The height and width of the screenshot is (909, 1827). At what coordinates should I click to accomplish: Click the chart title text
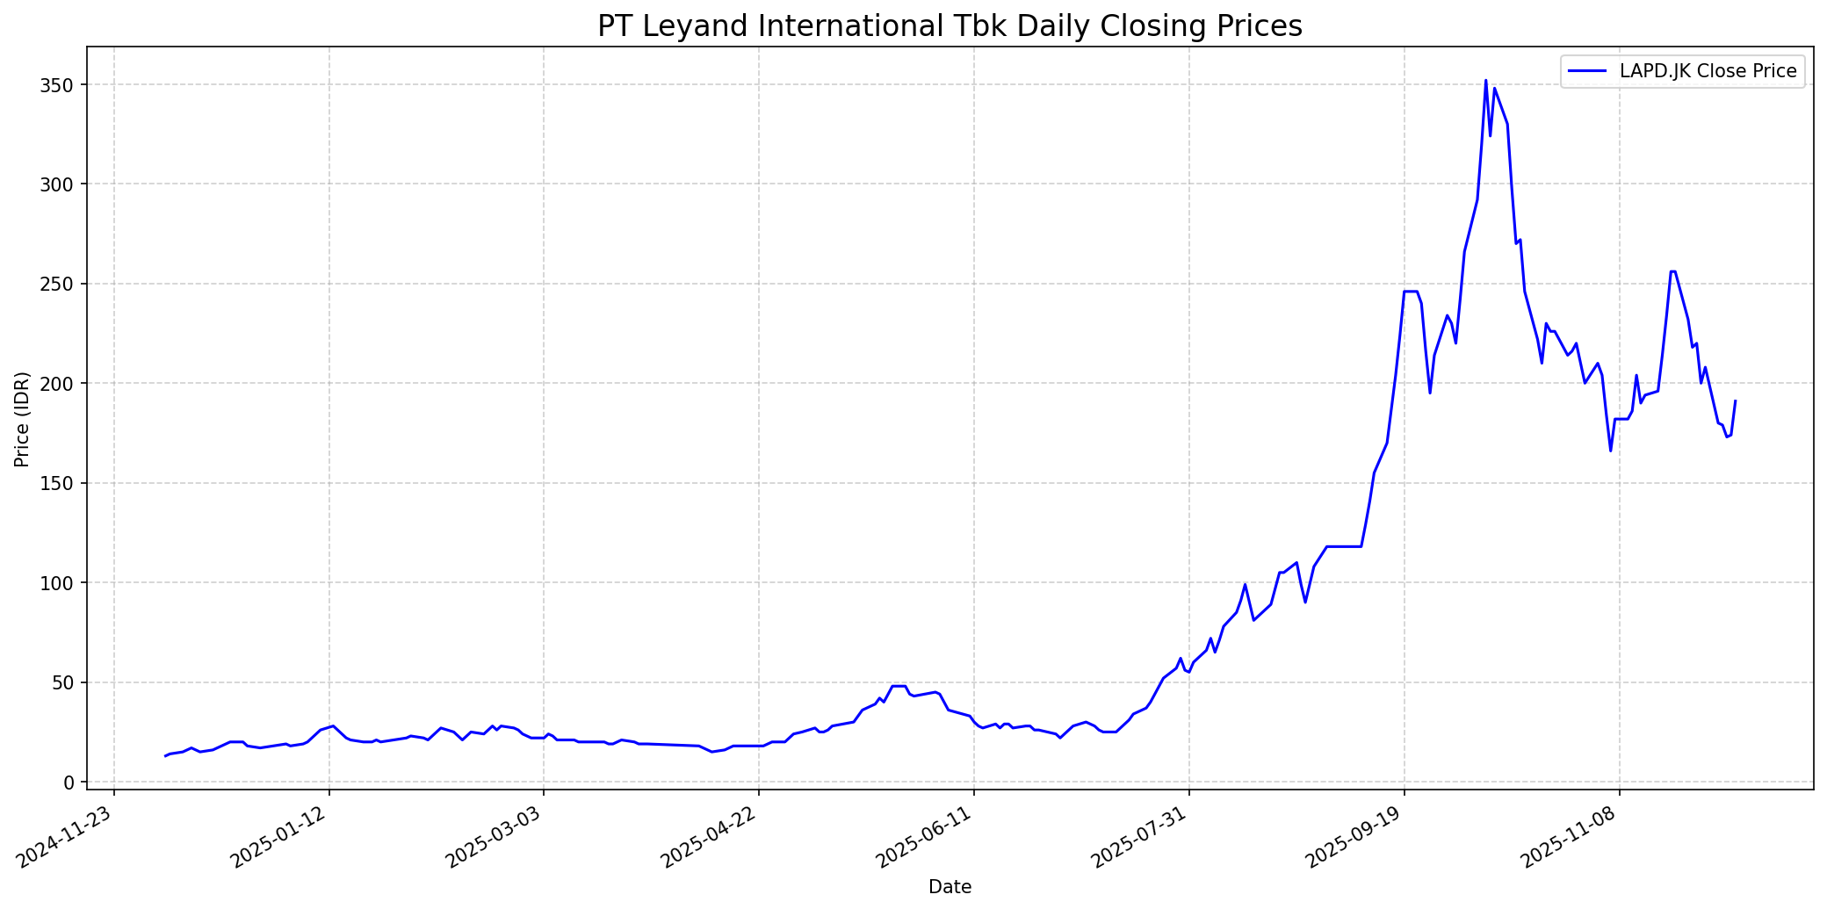(950, 26)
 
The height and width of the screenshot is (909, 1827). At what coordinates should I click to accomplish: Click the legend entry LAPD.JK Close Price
(1708, 72)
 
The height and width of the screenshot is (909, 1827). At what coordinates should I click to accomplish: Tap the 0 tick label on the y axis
(72, 783)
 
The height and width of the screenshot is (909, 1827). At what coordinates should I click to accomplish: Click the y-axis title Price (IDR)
(23, 419)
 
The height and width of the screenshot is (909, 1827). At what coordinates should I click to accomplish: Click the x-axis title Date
(950, 887)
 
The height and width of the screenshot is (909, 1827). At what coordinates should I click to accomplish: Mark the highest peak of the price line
(1485, 81)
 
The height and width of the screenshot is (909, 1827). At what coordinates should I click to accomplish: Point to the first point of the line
(165, 756)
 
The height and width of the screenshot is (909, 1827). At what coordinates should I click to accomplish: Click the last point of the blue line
(1735, 401)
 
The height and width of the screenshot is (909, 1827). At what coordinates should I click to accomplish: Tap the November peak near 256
(1672, 271)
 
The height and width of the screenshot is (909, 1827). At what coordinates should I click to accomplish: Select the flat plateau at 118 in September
(1344, 547)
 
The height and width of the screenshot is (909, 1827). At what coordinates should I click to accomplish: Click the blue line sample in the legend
(1588, 72)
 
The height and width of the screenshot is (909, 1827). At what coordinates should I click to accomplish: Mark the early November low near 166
(1610, 451)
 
